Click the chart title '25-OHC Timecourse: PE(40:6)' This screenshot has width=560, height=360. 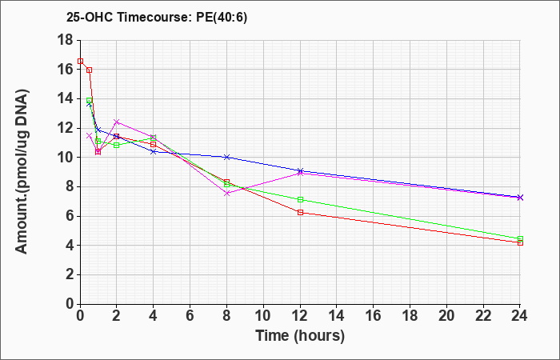point(157,18)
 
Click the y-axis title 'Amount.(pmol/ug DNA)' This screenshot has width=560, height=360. point(22,171)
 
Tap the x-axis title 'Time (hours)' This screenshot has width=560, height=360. point(300,336)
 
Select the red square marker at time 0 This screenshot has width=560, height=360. point(80,61)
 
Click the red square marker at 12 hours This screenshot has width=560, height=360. point(300,213)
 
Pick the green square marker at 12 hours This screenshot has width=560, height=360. point(300,199)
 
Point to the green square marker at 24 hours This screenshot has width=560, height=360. point(520,238)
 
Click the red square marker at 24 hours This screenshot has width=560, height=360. point(520,243)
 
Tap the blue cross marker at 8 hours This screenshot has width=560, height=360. point(226,157)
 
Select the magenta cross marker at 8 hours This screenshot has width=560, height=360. point(226,194)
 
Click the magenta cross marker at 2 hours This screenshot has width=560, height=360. point(117,122)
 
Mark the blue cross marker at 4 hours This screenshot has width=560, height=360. point(154,151)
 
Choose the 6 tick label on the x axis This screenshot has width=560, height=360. point(190,316)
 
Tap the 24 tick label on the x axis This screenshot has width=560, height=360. point(519,316)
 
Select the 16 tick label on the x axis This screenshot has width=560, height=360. point(374,316)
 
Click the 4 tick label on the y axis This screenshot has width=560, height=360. point(70,246)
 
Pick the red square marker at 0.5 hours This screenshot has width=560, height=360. point(90,70)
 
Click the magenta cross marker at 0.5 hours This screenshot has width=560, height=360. point(90,135)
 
